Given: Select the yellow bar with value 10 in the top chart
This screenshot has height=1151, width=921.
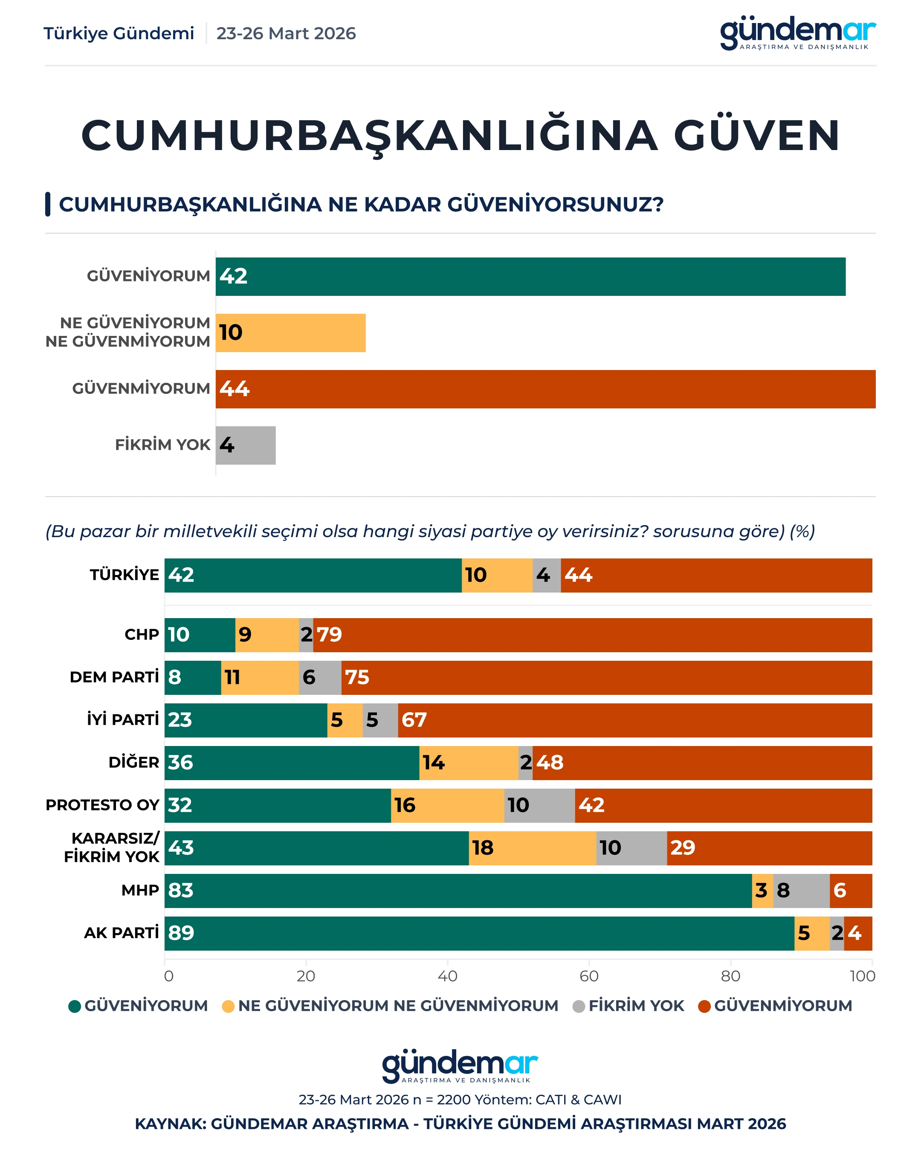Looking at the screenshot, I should (290, 333).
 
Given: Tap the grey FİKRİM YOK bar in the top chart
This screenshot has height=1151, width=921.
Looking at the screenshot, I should (246, 445).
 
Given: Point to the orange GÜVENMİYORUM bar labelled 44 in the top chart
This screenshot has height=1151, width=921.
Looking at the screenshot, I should (545, 389).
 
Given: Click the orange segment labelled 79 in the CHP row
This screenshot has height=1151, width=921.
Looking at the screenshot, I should (592, 635).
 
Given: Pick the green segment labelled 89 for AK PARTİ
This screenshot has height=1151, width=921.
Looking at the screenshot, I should (479, 933).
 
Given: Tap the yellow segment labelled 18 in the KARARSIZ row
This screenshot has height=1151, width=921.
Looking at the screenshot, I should (532, 848).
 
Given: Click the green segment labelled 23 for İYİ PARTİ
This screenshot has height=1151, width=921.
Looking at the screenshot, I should (246, 720).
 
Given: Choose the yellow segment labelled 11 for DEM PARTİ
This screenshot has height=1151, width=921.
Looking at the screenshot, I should (260, 677).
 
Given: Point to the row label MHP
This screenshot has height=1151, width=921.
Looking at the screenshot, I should (140, 891).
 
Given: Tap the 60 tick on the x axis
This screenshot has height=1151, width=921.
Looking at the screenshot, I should (589, 976).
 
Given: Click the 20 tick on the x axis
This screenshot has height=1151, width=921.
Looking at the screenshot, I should (306, 976).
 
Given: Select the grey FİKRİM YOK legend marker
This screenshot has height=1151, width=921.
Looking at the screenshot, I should (579, 1006).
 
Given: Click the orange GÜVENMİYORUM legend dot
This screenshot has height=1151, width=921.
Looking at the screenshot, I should (704, 1006).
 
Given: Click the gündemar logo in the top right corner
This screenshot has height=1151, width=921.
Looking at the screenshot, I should (798, 33).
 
